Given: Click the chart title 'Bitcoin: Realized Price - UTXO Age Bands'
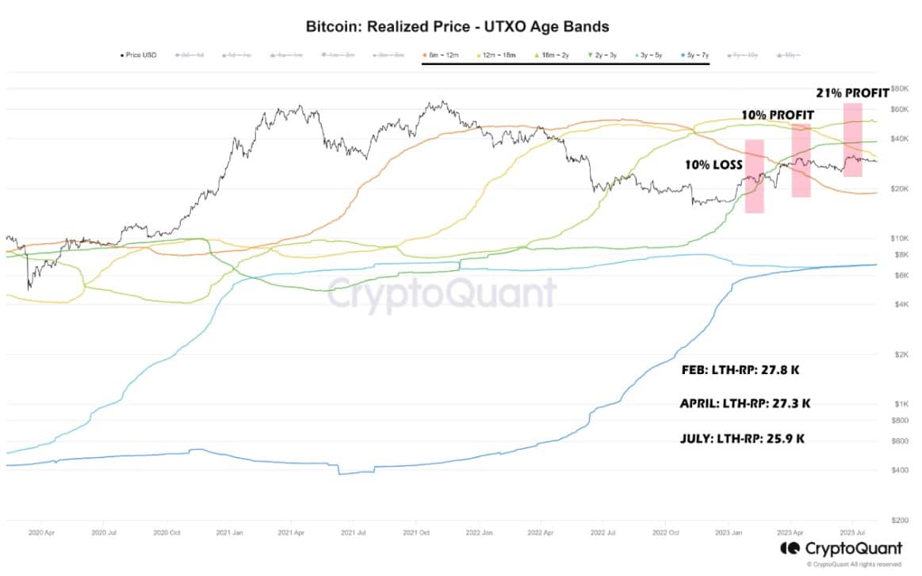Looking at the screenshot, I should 457,26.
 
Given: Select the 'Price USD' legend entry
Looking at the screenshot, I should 139,55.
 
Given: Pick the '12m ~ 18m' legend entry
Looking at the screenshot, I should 495,55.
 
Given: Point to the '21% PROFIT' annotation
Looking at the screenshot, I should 852,93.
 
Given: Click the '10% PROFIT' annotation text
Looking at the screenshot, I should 777,115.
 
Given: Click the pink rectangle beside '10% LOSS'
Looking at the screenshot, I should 754,176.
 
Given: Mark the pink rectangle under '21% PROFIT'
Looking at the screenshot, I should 852,139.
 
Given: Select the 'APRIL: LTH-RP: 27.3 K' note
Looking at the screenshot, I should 745,403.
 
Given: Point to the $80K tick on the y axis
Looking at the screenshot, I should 898,89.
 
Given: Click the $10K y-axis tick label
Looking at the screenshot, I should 898,238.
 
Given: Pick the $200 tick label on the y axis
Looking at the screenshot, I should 898,521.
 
